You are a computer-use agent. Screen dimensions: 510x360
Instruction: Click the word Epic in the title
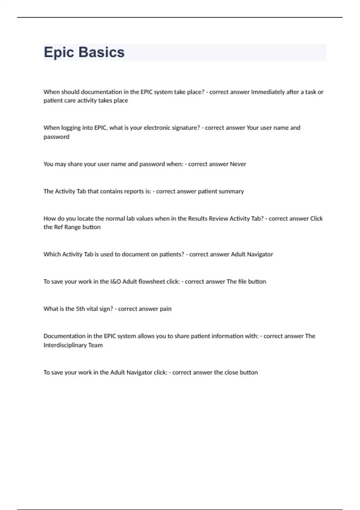[59, 52]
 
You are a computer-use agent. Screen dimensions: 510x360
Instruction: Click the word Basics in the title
[102, 52]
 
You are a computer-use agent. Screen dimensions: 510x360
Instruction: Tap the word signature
[185, 128]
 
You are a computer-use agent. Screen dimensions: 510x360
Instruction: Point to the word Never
[238, 164]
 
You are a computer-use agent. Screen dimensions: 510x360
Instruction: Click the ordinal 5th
[80, 309]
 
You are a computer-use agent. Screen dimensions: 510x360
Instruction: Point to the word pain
[166, 309]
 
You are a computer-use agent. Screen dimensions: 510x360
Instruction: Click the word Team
[95, 345]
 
